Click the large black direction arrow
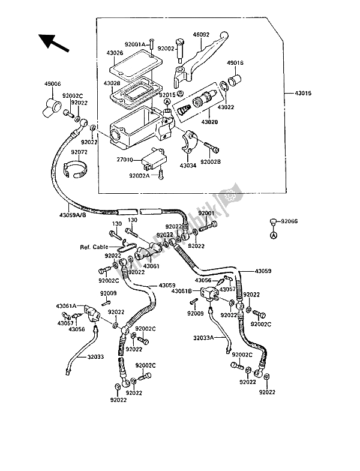pos(53,42)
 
